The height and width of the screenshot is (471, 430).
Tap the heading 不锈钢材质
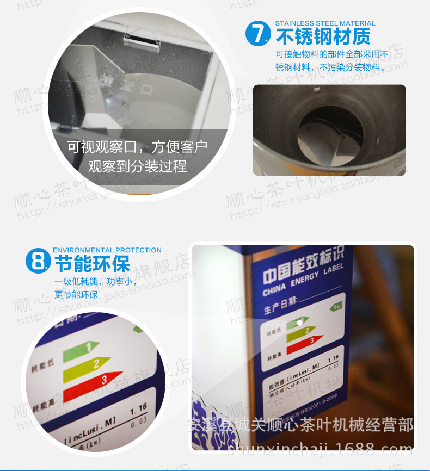pyautogui.click(x=323, y=36)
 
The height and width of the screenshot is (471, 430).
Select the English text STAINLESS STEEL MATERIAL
pyautogui.click(x=325, y=23)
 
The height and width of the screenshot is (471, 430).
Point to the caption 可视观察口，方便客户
pyautogui.click(x=137, y=147)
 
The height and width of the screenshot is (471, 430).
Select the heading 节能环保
pyautogui.click(x=93, y=265)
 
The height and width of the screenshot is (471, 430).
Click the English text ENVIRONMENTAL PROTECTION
pyautogui.click(x=107, y=250)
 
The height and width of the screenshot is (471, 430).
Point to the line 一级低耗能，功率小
pyautogui.click(x=95, y=282)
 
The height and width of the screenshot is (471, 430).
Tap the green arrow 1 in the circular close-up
pyautogui.click(x=81, y=350)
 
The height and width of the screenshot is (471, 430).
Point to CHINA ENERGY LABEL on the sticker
pyautogui.click(x=303, y=280)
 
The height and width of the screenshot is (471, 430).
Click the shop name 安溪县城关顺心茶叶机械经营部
pyautogui.click(x=299, y=424)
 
